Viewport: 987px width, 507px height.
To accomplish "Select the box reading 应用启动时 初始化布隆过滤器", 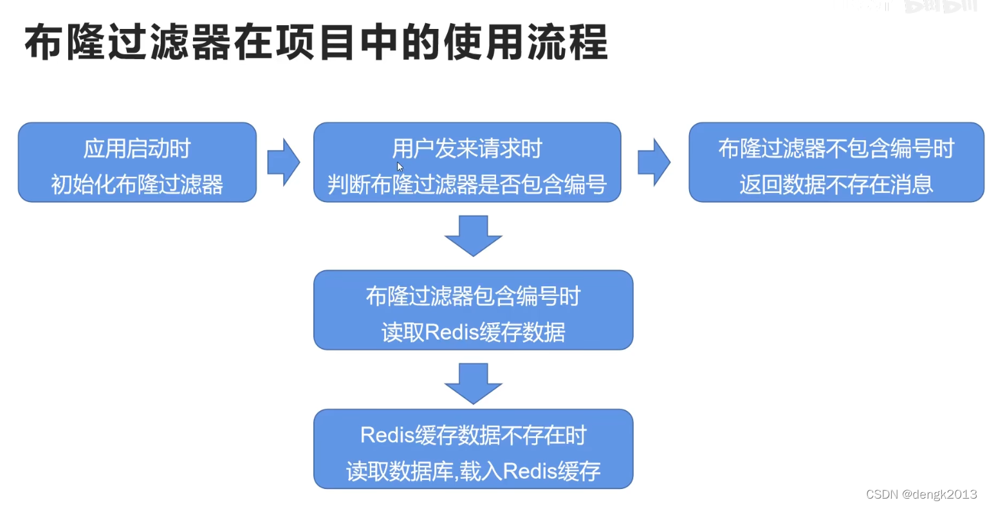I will [137, 162].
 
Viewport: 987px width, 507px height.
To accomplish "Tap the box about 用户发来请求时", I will [467, 162].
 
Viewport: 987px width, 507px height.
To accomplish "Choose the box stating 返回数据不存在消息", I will [836, 162].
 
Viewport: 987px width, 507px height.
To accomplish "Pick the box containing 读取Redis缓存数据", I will [473, 310].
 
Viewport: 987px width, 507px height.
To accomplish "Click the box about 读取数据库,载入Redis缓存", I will [473, 449].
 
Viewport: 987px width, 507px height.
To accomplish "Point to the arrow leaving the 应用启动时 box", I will [284, 162].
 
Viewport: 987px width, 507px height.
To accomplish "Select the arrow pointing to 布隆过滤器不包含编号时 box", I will [654, 162].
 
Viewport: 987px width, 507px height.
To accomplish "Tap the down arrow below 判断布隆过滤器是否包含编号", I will [473, 235].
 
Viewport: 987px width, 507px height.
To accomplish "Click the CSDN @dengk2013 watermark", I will [921, 494].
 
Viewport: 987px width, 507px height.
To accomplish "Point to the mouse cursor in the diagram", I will [400, 167].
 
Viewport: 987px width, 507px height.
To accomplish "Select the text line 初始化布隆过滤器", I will [137, 185].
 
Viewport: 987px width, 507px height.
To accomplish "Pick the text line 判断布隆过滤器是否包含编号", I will [467, 185].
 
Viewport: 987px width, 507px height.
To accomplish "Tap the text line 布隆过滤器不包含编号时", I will [836, 149].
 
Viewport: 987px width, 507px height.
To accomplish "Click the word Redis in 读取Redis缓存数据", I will [452, 332].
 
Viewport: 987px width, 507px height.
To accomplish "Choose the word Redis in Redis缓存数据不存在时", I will [387, 436].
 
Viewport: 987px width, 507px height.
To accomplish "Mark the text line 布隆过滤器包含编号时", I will [473, 297].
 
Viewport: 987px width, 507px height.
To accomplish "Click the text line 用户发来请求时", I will [467, 149].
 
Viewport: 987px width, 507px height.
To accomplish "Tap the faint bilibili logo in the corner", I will [941, 6].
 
